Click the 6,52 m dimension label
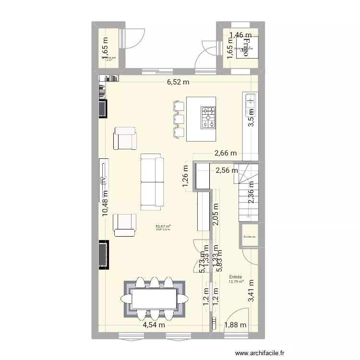178,82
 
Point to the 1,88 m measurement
236,325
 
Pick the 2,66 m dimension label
226,154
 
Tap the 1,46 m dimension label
240,35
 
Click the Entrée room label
235,277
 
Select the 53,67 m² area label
163,227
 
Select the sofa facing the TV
151,182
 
